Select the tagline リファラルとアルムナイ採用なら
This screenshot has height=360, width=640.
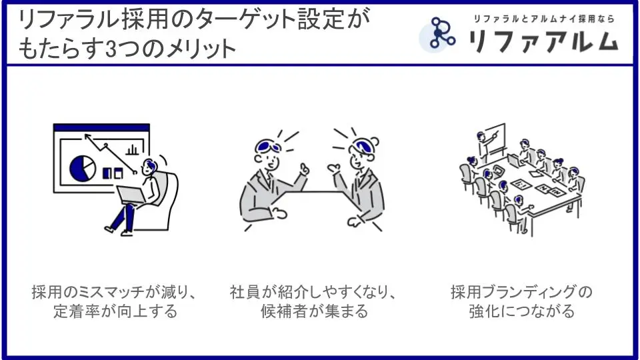[x=544, y=19]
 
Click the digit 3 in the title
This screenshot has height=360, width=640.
[x=111, y=49]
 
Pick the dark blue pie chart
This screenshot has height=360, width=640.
[x=83, y=168]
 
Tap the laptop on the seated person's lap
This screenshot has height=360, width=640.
[x=131, y=195]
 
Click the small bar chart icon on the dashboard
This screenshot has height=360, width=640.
[x=132, y=150]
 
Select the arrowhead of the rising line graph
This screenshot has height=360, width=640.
[x=87, y=137]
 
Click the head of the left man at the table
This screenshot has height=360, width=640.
[x=267, y=154]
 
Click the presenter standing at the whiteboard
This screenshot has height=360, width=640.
[x=484, y=147]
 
